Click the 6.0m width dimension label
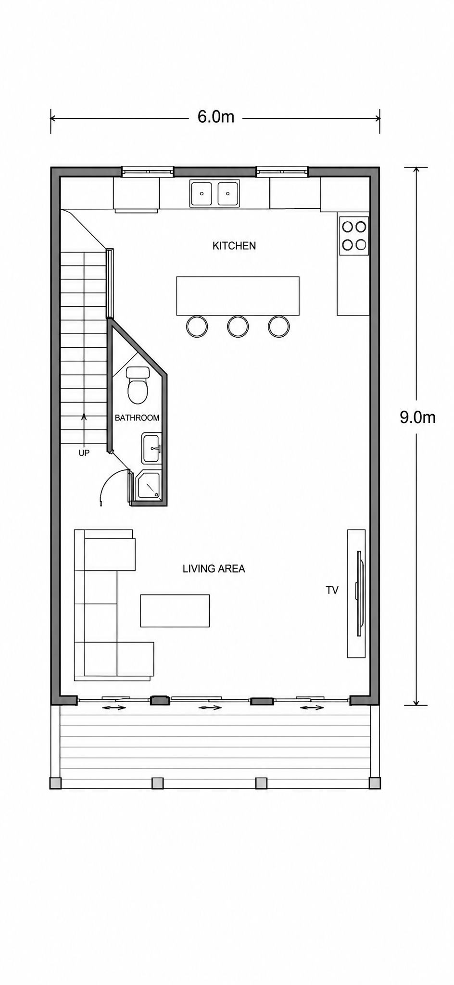tap(216, 116)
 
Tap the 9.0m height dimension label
tap(417, 417)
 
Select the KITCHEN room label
tap(234, 246)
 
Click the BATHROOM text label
tap(137, 418)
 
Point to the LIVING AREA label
tap(214, 568)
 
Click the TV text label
tap(332, 590)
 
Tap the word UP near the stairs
tap(84, 453)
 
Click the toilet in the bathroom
tap(138, 385)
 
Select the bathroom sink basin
tap(151, 448)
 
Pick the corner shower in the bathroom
tap(149, 486)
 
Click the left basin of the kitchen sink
tap(202, 193)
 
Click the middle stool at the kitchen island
tap(238, 326)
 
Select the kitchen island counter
tap(238, 296)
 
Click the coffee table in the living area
tap(175, 611)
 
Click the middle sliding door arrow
tap(210, 707)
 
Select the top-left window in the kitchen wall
tap(147, 171)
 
